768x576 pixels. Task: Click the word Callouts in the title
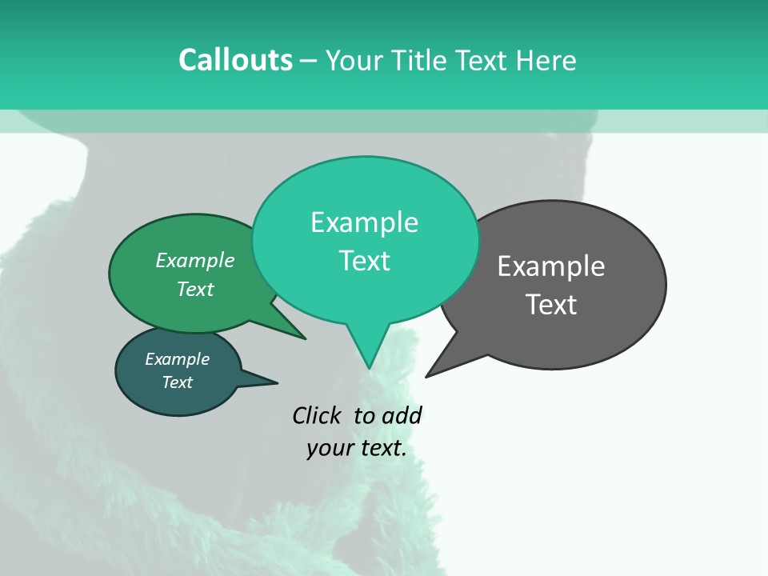(236, 60)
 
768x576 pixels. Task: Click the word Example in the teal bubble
(364, 222)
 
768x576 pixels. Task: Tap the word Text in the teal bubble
(364, 261)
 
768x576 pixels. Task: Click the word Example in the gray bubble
(551, 266)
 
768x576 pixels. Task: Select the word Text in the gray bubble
(551, 305)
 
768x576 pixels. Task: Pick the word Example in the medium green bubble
(195, 260)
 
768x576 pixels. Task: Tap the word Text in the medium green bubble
(195, 289)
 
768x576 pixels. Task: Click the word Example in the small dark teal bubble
(177, 359)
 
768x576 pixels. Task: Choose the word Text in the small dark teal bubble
(177, 382)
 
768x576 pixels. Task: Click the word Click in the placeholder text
(318, 415)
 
